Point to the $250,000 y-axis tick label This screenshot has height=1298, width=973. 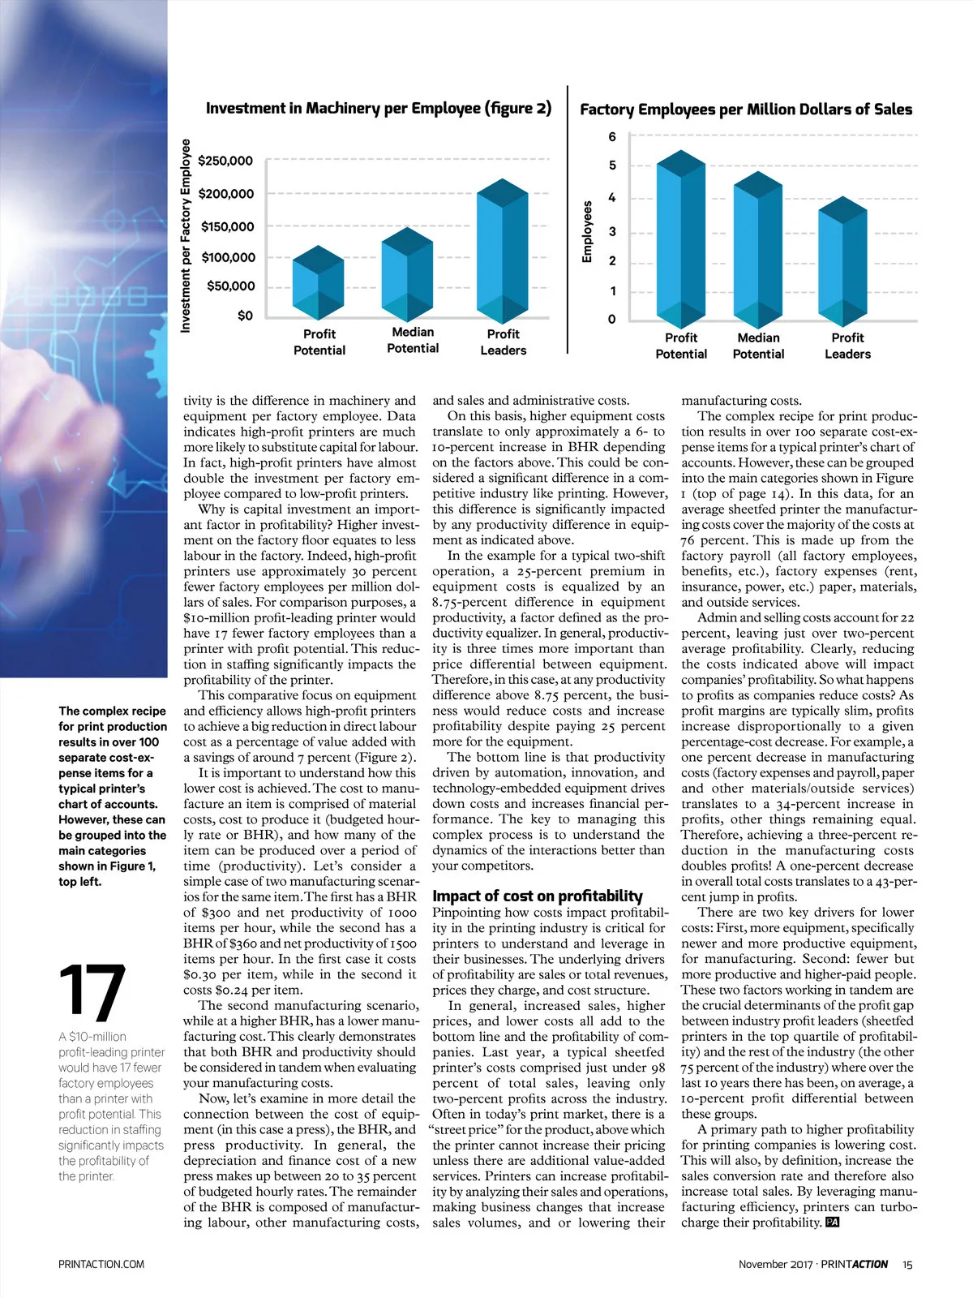tap(225, 161)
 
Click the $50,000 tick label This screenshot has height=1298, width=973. tap(231, 286)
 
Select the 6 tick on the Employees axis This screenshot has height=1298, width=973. tap(612, 136)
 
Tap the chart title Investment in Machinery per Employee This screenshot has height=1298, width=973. tap(379, 108)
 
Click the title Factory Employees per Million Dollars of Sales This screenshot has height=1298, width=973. tap(746, 110)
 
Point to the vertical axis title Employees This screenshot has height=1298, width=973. tap(588, 232)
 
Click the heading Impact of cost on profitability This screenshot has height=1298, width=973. tap(538, 896)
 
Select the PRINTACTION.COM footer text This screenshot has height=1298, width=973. tap(101, 1264)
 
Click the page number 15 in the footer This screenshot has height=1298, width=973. tap(907, 1264)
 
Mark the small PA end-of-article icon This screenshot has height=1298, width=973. tap(831, 1223)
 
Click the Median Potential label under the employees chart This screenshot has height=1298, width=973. tap(758, 346)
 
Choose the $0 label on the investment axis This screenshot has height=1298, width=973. tap(245, 316)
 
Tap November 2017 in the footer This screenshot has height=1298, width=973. tap(775, 1264)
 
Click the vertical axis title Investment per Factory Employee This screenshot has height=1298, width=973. tap(186, 235)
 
